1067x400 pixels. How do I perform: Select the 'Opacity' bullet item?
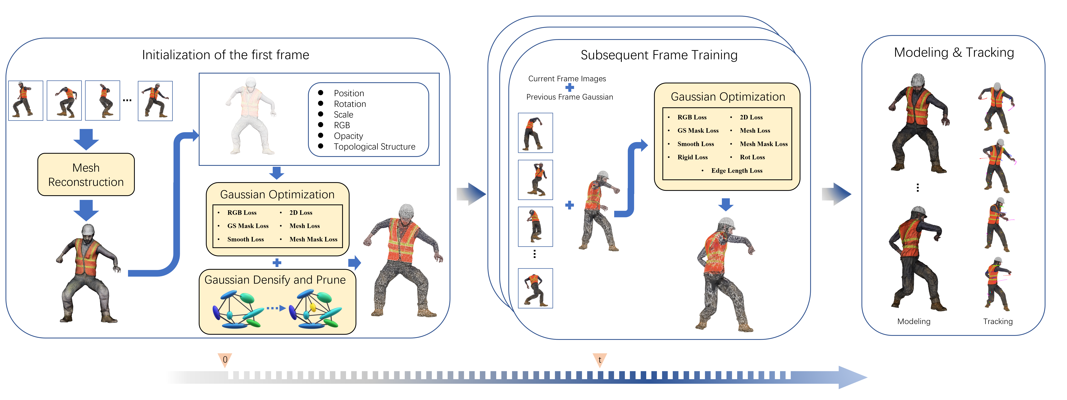coord(348,136)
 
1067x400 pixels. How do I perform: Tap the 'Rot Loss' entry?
coord(752,157)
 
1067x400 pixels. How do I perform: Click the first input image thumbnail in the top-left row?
coord(26,101)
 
